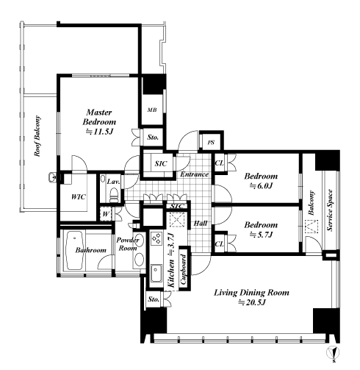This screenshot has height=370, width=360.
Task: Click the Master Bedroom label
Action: (x=99, y=122)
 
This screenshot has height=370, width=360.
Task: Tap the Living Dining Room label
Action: (x=252, y=297)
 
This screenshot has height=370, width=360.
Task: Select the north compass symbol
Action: (x=333, y=353)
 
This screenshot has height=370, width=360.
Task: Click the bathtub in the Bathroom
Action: (x=74, y=250)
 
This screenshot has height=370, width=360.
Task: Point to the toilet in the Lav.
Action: (x=114, y=195)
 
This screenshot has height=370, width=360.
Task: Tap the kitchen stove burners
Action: (x=156, y=238)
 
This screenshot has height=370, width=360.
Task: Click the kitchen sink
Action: (x=156, y=273)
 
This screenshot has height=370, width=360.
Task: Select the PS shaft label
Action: (x=211, y=143)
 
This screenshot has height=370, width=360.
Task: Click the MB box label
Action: (x=152, y=110)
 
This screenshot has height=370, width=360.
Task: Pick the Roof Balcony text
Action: (x=37, y=136)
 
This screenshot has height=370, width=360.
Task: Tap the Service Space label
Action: (x=330, y=210)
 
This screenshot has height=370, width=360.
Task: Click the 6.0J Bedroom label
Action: (x=261, y=181)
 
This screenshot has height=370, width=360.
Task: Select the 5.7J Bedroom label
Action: (x=261, y=230)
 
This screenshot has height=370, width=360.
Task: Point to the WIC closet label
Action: (x=79, y=197)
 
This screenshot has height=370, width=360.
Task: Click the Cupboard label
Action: (x=184, y=269)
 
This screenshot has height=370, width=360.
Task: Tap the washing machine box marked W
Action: (x=106, y=214)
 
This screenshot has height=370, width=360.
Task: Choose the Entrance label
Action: (x=195, y=174)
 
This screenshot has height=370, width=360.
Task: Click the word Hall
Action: (x=201, y=224)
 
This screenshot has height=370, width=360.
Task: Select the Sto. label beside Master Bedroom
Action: (x=153, y=137)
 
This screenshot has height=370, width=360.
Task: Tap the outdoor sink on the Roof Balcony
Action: (x=52, y=177)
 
